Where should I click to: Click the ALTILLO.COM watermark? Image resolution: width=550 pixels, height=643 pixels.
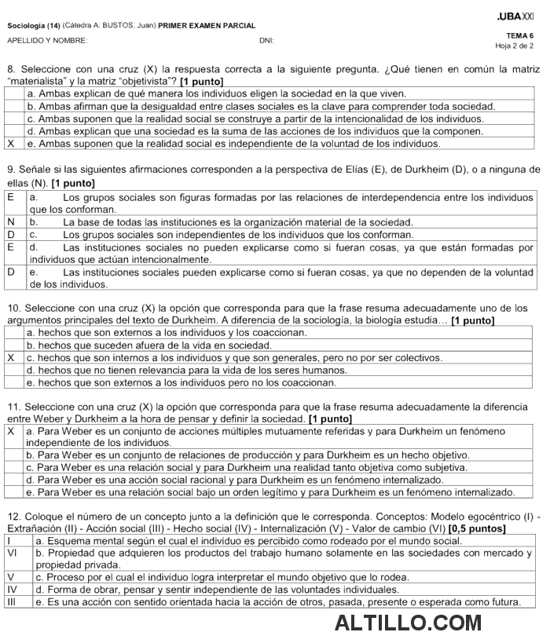pyautogui.click(x=408, y=623)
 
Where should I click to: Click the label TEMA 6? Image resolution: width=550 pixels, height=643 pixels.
pyautogui.click(x=520, y=35)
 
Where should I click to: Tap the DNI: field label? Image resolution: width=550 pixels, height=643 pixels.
pyautogui.click(x=266, y=41)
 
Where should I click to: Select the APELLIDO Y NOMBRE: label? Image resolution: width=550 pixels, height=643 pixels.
pyautogui.click(x=46, y=41)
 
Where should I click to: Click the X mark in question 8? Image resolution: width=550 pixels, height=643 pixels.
pyautogui.click(x=10, y=144)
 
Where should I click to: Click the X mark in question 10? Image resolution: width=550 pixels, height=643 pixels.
pyautogui.click(x=10, y=357)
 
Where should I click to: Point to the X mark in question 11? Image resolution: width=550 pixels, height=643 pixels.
pyautogui.click(x=10, y=432)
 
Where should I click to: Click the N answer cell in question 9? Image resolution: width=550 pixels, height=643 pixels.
pyautogui.click(x=10, y=222)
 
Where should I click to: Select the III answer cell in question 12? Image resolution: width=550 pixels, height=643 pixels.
pyautogui.click(x=11, y=601)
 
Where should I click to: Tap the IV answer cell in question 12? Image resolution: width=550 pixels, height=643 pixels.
pyautogui.click(x=11, y=589)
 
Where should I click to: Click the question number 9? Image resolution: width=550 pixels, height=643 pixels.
pyautogui.click(x=10, y=170)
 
